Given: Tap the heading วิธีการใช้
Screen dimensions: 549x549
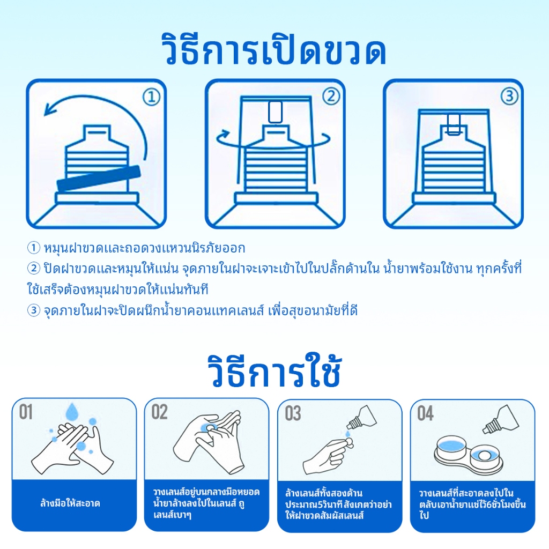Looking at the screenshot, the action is [x=274, y=370].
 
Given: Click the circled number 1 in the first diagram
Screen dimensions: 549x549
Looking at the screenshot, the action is [x=152, y=97].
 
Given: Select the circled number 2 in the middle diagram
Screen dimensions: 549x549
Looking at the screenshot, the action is [x=331, y=97].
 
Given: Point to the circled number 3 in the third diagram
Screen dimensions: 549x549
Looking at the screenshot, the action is [x=509, y=96].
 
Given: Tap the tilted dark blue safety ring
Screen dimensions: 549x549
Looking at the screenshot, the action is [x=99, y=179].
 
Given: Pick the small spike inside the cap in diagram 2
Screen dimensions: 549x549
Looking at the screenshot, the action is [x=275, y=112].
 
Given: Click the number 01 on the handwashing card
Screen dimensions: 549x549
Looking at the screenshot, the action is [x=26, y=412].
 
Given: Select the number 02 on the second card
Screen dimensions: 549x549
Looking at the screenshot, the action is [x=159, y=412].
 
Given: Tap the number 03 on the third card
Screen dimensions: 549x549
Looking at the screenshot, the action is [x=293, y=413].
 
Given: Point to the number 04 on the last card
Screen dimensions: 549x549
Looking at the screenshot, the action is [x=425, y=413].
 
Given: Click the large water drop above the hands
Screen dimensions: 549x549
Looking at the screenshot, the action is [x=72, y=411].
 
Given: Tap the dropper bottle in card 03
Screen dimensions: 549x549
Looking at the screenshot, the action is [x=362, y=418].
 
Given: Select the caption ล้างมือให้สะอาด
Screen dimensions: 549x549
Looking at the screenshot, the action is [x=70, y=503].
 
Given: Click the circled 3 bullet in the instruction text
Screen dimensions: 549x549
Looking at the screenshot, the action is [x=34, y=310].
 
